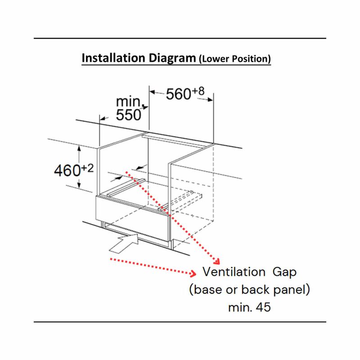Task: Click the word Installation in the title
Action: (x=114, y=58)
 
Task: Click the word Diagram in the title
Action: (x=172, y=58)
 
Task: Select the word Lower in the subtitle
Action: (x=215, y=59)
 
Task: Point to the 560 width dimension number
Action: (x=178, y=94)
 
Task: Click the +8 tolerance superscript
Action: (x=198, y=91)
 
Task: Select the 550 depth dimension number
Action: (x=128, y=115)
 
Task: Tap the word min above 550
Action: (x=129, y=101)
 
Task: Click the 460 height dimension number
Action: (x=67, y=171)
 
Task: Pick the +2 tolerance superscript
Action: (x=87, y=168)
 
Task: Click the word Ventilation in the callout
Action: (x=234, y=272)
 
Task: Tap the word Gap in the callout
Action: (x=284, y=273)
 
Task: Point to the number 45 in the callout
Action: (x=263, y=307)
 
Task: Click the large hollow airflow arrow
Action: (x=124, y=244)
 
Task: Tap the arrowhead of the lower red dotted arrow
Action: (x=193, y=273)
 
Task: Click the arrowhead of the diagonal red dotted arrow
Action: (x=216, y=261)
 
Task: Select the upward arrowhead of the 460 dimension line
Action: (x=79, y=148)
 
